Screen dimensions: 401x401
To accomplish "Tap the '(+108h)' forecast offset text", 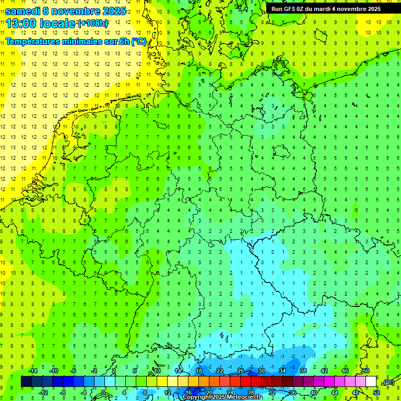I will (93, 23).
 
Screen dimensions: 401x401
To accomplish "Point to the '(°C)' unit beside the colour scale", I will (388, 382).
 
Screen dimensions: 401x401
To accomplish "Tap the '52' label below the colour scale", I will (376, 393).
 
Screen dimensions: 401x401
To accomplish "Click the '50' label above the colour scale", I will (366, 371).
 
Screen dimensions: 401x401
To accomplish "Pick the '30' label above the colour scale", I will (262, 371).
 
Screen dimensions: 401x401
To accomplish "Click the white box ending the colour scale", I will (371, 382).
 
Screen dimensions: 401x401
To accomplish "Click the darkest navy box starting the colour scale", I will (26, 382).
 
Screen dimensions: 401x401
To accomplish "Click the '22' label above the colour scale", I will (220, 371).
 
